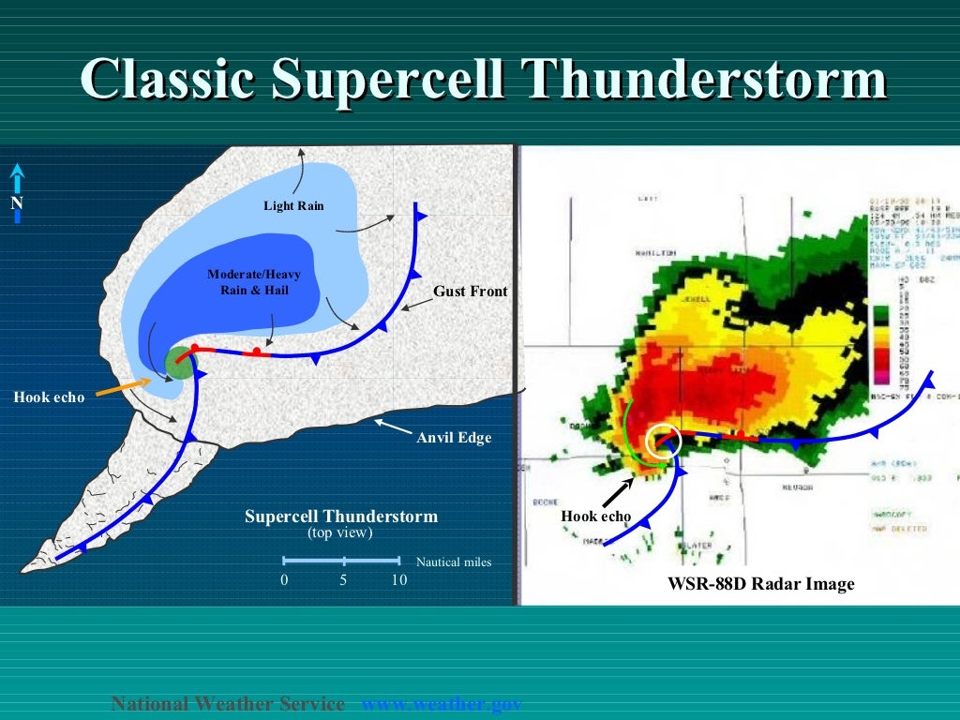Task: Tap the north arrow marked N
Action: (17, 194)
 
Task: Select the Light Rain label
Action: (293, 205)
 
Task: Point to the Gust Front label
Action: (470, 292)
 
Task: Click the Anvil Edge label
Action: (454, 437)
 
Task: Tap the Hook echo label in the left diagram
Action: (49, 397)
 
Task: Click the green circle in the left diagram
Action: (178, 362)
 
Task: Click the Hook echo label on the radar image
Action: (595, 517)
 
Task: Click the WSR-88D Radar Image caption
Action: (761, 584)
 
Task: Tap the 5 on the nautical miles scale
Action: (343, 580)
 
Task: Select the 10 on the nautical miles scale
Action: (399, 580)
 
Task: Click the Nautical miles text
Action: (454, 562)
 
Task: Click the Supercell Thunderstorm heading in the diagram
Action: (341, 517)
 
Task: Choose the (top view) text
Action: (340, 532)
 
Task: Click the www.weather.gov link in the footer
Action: (441, 704)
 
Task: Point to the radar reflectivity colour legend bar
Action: (880, 343)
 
